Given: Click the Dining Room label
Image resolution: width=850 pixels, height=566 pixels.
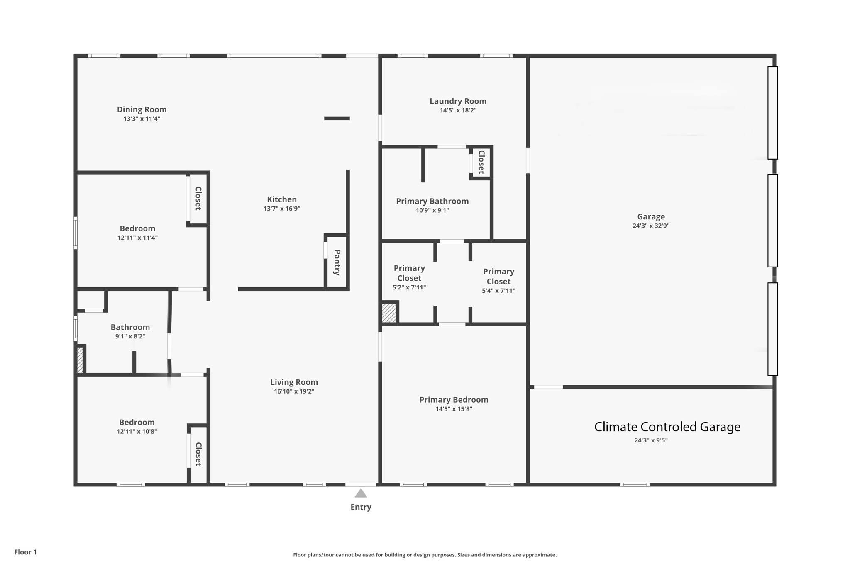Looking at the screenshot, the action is tap(142, 109).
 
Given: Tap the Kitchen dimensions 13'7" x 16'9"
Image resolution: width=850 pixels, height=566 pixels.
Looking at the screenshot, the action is tap(282, 209).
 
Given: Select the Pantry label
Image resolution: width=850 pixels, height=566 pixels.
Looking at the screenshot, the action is tap(337, 262).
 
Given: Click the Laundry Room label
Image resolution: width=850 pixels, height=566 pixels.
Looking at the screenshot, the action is tap(458, 101).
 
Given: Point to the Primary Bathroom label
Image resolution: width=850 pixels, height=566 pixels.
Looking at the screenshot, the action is tap(432, 201).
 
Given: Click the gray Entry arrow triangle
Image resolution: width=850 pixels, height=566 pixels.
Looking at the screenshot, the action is tap(361, 493).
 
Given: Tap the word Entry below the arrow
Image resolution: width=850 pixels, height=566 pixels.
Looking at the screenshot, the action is tap(361, 507).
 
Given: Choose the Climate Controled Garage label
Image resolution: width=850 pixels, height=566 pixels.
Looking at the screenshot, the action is tap(667, 427).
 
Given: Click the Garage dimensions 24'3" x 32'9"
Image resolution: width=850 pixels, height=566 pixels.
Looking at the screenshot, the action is tap(651, 226).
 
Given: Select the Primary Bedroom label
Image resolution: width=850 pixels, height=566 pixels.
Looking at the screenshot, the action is tap(454, 400).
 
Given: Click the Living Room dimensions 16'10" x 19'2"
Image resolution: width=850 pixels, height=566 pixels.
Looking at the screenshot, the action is tap(294, 391).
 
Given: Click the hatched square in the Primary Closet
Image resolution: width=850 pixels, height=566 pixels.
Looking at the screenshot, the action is tap(389, 313).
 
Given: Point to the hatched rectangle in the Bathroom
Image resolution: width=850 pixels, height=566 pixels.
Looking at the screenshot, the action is tap(80, 360).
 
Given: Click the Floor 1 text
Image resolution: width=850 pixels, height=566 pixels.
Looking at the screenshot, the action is tap(25, 552).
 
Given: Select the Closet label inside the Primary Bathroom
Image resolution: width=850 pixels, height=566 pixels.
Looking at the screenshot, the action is tap(481, 162).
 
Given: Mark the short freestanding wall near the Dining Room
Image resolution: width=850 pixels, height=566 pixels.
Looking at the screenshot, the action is tap(337, 118).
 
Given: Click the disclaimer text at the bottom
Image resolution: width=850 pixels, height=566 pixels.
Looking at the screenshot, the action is tap(425, 555).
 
